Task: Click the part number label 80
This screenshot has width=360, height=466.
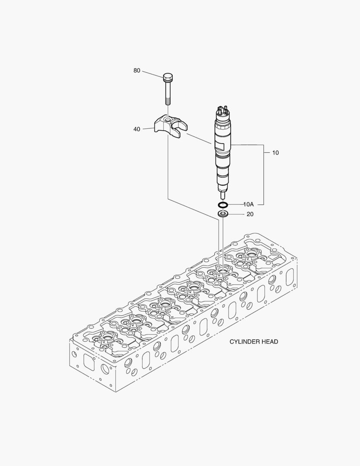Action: tap(137, 70)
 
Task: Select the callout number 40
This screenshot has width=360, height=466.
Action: tap(137, 129)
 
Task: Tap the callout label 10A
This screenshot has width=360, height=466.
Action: tap(248, 204)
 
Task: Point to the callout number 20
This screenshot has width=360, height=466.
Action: tap(250, 214)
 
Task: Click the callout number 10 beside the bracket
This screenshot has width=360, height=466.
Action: tap(275, 153)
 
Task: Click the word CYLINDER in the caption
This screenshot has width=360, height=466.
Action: tap(243, 342)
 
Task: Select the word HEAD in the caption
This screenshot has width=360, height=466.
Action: tap(269, 342)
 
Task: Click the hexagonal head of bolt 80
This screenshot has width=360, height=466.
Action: tap(168, 78)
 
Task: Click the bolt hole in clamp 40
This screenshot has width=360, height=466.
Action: tap(167, 118)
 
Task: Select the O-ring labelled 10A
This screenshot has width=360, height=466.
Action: tap(223, 204)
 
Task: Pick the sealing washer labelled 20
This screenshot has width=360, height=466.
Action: tap(223, 214)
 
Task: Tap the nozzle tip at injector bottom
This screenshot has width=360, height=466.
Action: tap(223, 195)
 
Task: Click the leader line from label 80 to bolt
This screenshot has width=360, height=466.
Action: tap(152, 74)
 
